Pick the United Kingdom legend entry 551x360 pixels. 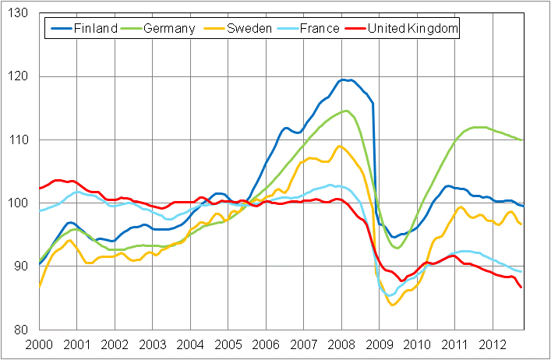pos(413,29)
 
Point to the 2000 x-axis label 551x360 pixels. pos(39,344)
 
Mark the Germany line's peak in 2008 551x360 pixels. pos(346,111)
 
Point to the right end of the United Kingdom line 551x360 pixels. pos(521,288)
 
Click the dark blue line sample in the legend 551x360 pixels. pos(60,29)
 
